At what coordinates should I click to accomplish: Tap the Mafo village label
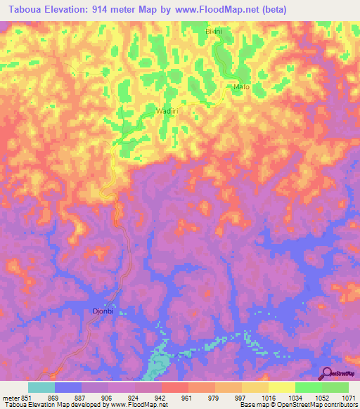[241, 87]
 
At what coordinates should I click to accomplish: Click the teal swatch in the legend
[41, 387]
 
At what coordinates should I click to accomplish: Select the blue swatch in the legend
[68, 387]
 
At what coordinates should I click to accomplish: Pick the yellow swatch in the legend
[281, 387]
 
